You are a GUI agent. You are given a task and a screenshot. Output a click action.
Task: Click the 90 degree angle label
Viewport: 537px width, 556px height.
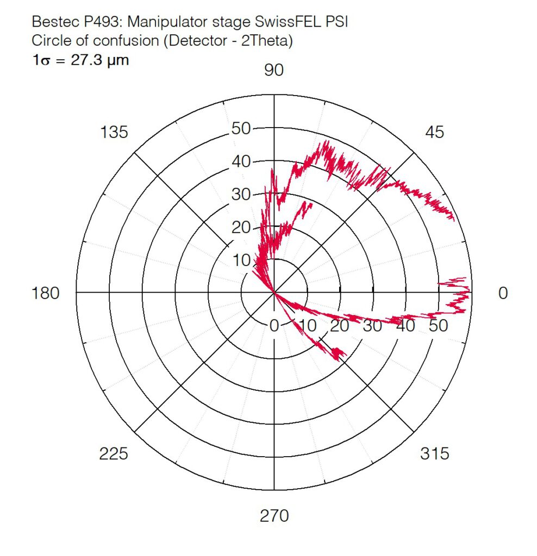(x=274, y=70)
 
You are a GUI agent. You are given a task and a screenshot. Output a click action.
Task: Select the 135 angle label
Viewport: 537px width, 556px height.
(x=114, y=131)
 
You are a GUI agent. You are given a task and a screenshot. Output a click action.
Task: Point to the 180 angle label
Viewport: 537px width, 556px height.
(x=46, y=293)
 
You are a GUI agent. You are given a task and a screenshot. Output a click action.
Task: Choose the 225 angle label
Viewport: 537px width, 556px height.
(x=114, y=453)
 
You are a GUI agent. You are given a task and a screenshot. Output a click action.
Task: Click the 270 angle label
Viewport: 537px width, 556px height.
(x=274, y=515)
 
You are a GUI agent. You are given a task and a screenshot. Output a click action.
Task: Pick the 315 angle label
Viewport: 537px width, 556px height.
(x=435, y=453)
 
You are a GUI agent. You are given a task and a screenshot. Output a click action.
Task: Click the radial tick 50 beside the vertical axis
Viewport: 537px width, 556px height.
(x=240, y=129)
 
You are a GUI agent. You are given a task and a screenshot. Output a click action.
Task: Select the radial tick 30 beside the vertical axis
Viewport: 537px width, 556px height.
(x=240, y=194)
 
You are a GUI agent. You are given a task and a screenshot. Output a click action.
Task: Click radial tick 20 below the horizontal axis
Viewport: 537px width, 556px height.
(x=340, y=326)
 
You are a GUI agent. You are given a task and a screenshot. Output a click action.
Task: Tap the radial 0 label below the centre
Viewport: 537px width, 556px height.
(x=274, y=326)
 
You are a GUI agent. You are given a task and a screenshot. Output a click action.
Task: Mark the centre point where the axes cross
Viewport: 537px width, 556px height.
(x=274, y=293)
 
